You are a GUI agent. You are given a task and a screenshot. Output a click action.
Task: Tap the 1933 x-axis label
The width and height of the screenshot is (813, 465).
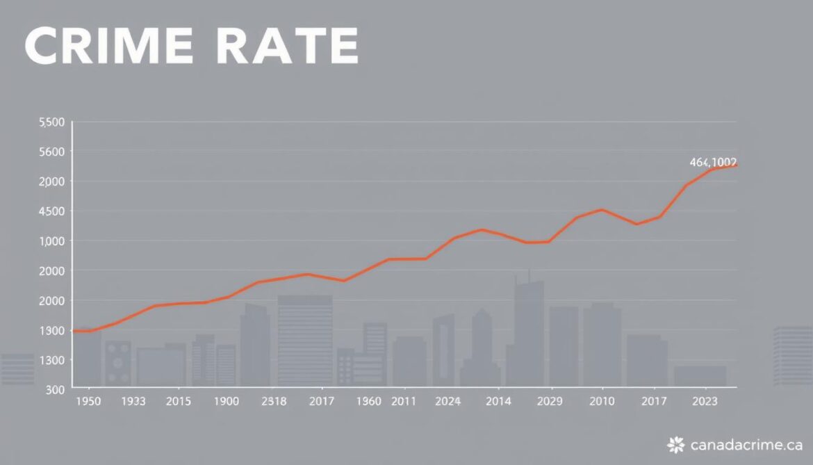tap(133, 401)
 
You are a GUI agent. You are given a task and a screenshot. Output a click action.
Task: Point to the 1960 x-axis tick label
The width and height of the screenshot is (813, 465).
tap(368, 401)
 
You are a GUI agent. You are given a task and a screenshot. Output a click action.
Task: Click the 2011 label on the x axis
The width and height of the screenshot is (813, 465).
tap(404, 401)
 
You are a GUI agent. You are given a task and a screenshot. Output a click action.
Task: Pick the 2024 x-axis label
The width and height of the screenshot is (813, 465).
tap(447, 401)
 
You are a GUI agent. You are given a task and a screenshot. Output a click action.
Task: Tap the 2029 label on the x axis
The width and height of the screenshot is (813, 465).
tap(550, 401)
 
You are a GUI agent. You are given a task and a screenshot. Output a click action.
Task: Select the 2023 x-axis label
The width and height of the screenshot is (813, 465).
tap(706, 401)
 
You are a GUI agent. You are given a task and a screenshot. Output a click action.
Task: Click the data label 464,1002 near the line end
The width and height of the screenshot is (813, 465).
tap(713, 162)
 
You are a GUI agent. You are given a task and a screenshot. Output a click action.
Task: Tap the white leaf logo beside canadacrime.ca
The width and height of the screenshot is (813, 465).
tap(675, 444)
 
